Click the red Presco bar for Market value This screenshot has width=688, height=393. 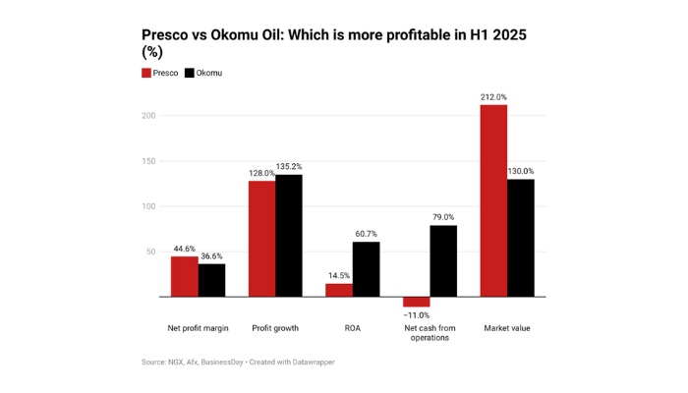click(493, 200)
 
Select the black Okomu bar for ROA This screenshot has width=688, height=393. click(366, 269)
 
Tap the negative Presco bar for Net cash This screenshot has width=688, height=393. click(417, 302)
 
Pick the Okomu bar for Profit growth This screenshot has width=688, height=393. click(289, 236)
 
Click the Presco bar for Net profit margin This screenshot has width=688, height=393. click(185, 277)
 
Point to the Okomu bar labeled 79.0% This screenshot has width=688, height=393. click(443, 261)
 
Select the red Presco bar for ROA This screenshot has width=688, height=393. click(339, 291)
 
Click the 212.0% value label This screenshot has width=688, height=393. click(493, 97)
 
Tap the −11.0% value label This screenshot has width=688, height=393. click(417, 315)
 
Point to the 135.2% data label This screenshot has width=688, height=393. click(289, 167)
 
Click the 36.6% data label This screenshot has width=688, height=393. click(211, 256)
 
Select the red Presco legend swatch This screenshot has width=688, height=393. click(146, 73)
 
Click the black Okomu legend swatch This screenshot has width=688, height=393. click(189, 73)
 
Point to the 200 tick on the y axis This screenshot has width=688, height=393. click(148, 116)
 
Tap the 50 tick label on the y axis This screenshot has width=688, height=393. click(151, 252)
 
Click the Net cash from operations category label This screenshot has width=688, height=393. click(430, 333)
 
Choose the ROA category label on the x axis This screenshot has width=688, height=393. click(352, 328)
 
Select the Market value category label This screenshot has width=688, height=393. click(507, 328)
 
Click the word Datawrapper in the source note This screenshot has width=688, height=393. click(314, 362)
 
